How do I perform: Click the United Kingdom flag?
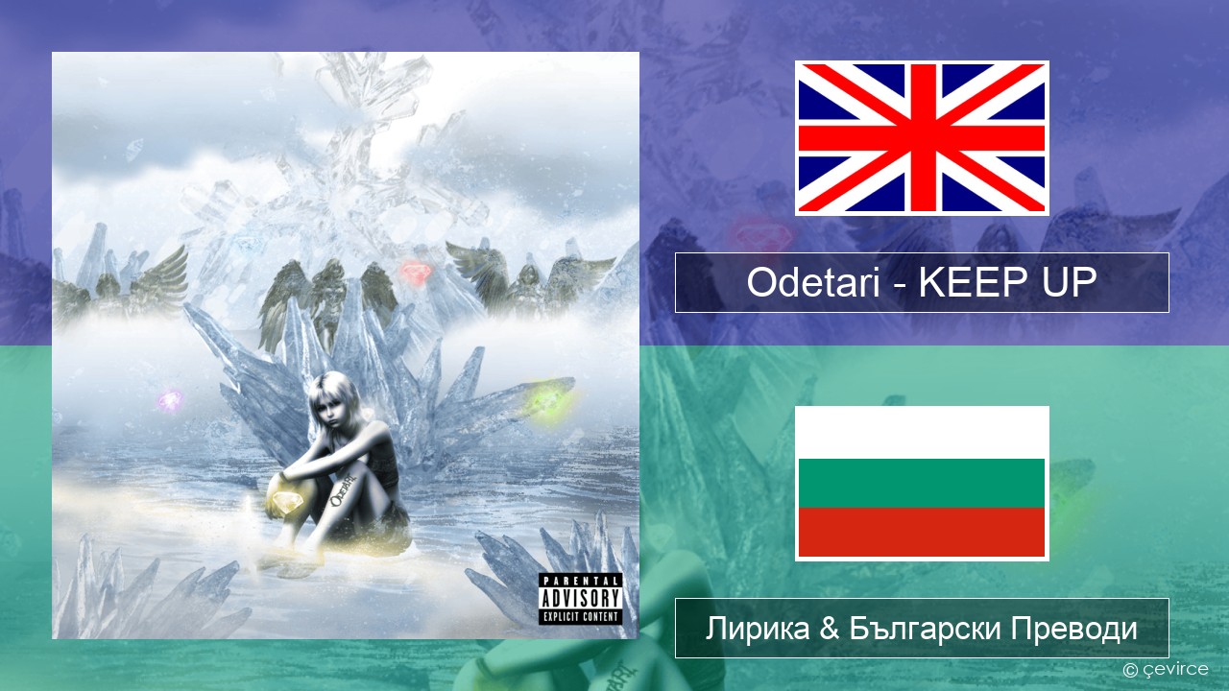(922, 137)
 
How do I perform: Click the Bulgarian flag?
(922, 483)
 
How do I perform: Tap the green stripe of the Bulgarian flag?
(922, 483)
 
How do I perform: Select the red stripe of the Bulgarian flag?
(922, 532)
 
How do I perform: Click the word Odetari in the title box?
(813, 282)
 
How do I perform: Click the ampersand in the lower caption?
(829, 629)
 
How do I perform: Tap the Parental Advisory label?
(581, 598)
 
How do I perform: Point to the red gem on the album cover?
(416, 272)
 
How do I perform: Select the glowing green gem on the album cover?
(546, 405)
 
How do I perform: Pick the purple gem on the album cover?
(170, 400)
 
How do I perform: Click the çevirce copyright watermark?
(1166, 669)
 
